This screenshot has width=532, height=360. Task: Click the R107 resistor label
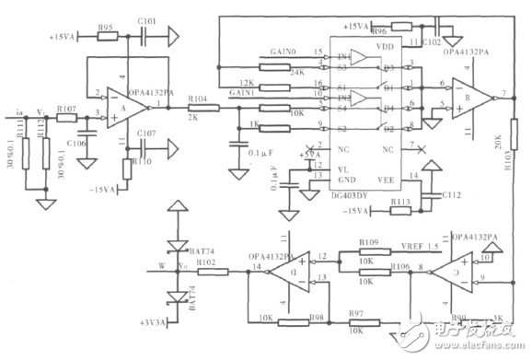click(65, 110)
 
